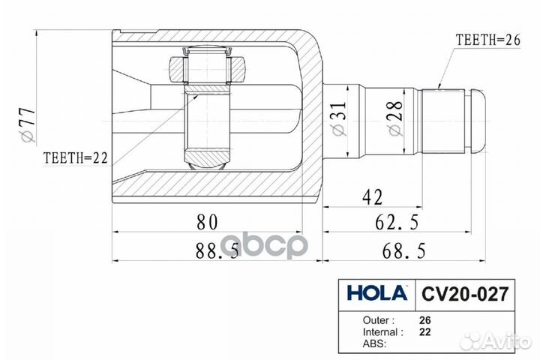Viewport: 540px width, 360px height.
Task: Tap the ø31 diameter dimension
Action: point(338,118)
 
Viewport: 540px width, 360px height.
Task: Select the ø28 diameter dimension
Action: point(395,118)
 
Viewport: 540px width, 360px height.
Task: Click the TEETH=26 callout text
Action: point(487,40)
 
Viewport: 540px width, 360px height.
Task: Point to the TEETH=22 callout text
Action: point(76,157)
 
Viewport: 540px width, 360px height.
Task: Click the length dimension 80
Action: point(207,222)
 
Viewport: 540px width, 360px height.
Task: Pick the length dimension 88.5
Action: point(217,250)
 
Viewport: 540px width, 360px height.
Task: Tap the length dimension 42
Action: point(372,198)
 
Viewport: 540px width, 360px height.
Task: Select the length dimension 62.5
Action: point(397,222)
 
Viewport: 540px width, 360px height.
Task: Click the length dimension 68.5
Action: point(403,250)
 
